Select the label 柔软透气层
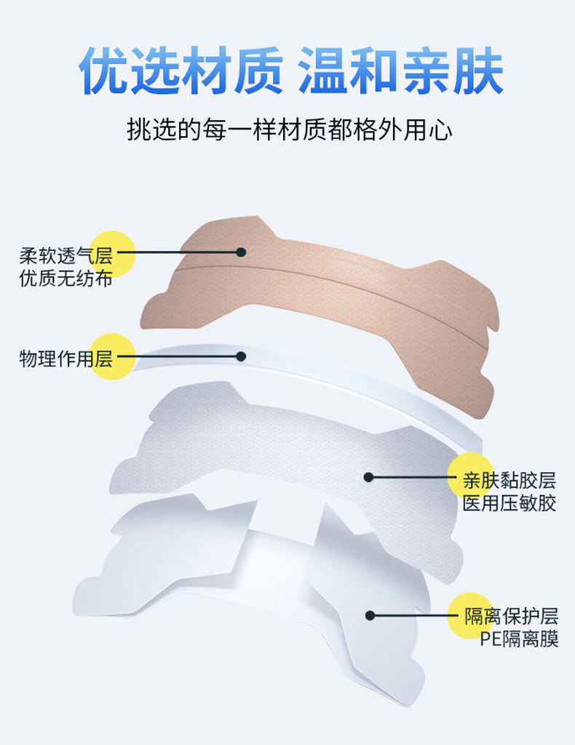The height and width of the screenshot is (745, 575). (x=66, y=256)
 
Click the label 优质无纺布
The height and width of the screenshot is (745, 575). (x=66, y=278)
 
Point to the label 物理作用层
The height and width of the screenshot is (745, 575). (x=66, y=358)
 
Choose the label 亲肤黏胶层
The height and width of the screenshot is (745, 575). (x=509, y=481)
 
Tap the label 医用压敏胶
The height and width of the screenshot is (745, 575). (x=509, y=503)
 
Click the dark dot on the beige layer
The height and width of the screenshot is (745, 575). (x=241, y=252)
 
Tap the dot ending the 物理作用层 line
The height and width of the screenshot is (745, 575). (x=241, y=356)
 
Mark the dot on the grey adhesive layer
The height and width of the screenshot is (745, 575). (x=369, y=477)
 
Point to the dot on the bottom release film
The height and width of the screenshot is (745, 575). (x=370, y=615)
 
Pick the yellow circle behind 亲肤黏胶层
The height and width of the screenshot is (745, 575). (x=470, y=477)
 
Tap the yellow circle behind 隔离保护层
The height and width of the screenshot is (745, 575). (x=470, y=615)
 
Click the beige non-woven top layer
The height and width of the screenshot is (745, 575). (x=328, y=291)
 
